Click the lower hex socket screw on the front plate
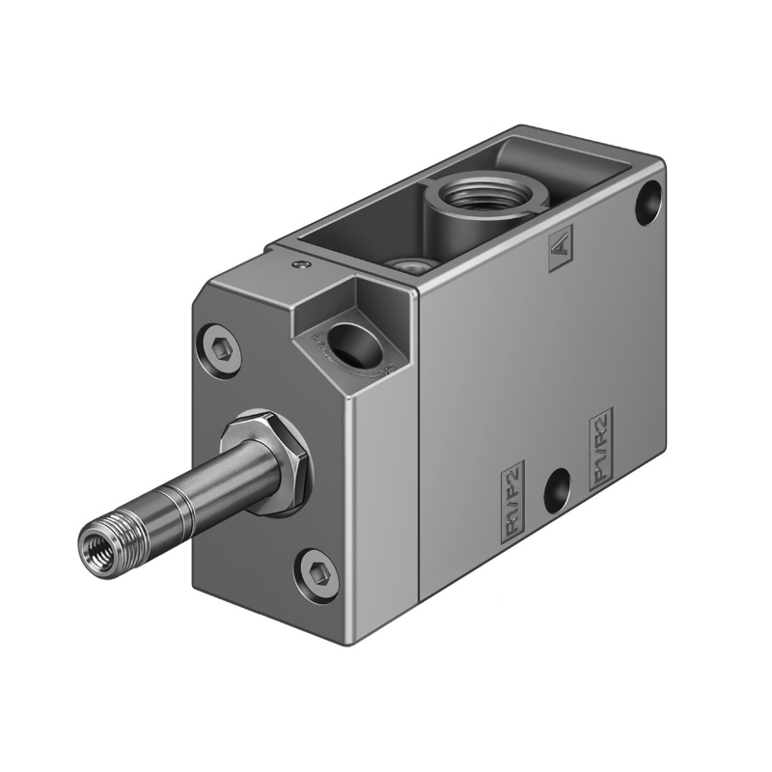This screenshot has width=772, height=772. (315, 568)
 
